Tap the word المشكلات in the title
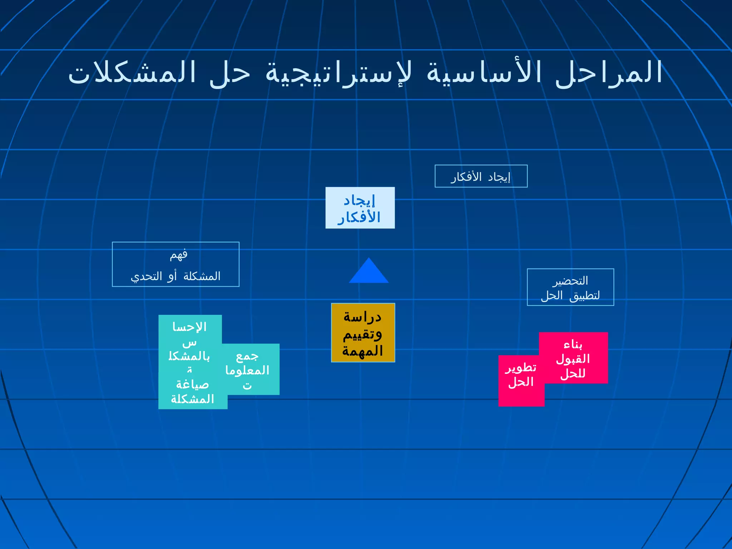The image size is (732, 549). coord(132,73)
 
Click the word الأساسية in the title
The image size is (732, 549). coord(484,73)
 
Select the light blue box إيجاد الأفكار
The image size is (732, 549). coord(360,208)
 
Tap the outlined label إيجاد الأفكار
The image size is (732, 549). coord(481,176)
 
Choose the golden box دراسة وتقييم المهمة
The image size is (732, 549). coord(363,333)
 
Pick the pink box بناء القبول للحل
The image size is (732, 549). coord(573,358)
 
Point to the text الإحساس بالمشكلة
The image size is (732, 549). coord(189,343)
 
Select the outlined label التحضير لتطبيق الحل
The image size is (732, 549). coord(570,287)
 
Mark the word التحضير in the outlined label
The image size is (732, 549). coord(570,281)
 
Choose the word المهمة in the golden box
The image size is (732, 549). coord(362,351)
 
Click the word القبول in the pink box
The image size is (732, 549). coord(573,359)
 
